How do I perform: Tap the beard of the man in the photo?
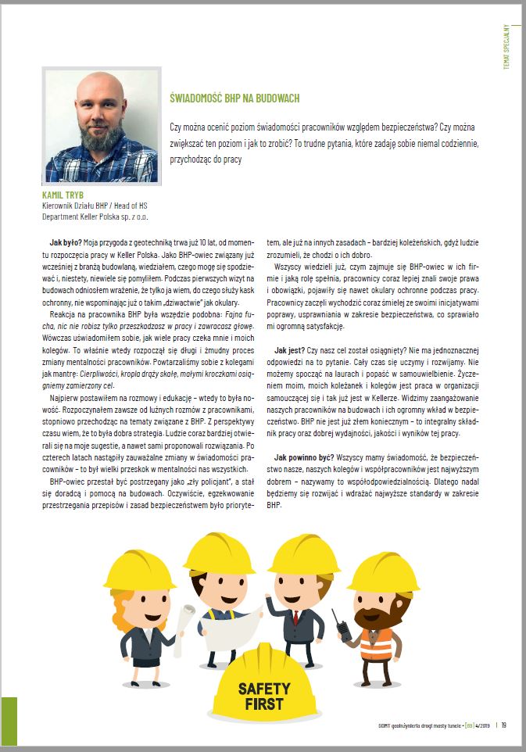coord(100,141)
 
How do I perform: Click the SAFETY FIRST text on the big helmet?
coord(263,696)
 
